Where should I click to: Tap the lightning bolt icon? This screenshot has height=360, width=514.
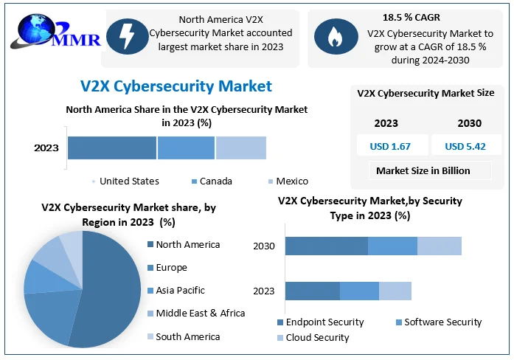click(x=126, y=36)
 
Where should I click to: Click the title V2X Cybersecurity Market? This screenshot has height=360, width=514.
click(x=176, y=86)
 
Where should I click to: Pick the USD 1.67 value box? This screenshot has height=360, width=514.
click(x=390, y=146)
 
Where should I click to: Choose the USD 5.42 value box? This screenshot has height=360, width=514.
click(x=465, y=146)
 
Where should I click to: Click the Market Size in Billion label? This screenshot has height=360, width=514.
click(x=423, y=170)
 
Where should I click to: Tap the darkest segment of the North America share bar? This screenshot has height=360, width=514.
click(x=112, y=148)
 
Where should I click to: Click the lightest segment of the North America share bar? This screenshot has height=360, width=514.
click(x=240, y=148)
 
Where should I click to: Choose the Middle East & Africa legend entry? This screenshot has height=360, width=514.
click(x=199, y=314)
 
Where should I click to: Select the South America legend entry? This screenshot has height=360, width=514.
click(x=187, y=336)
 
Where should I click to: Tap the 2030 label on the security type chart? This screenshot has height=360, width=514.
click(x=264, y=246)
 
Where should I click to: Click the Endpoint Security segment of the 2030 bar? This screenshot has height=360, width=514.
click(x=326, y=246)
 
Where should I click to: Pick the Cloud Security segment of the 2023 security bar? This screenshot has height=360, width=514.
click(x=395, y=291)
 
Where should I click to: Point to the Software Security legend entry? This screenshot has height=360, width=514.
click(x=442, y=322)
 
